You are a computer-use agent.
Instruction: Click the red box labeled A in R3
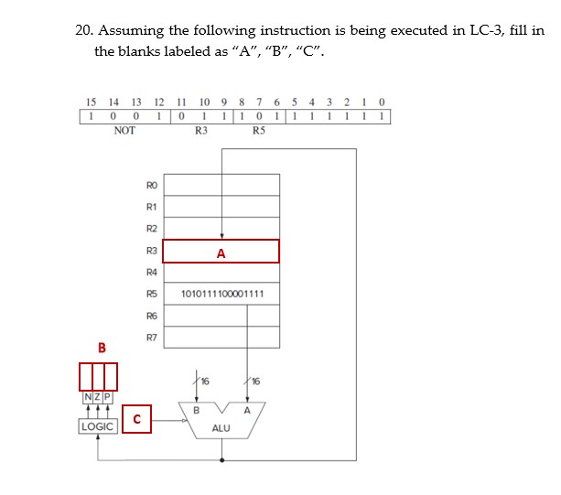(221, 252)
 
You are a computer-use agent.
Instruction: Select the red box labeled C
(136, 420)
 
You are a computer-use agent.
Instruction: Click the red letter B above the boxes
(102, 348)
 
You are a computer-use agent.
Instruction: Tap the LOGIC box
(97, 427)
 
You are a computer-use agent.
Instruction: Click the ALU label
(221, 427)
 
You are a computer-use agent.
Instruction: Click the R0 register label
(152, 186)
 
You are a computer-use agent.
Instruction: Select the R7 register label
(152, 338)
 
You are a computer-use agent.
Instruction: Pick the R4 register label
(152, 273)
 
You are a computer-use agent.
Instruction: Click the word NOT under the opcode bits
(124, 131)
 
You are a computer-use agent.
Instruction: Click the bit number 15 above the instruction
(90, 102)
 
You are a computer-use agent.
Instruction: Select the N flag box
(87, 396)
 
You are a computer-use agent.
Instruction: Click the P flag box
(107, 396)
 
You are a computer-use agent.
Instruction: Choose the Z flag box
(97, 396)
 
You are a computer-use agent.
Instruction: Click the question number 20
(83, 30)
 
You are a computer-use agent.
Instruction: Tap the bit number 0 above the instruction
(382, 102)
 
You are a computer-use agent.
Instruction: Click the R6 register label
(152, 316)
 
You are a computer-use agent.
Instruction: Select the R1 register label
(152, 207)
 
